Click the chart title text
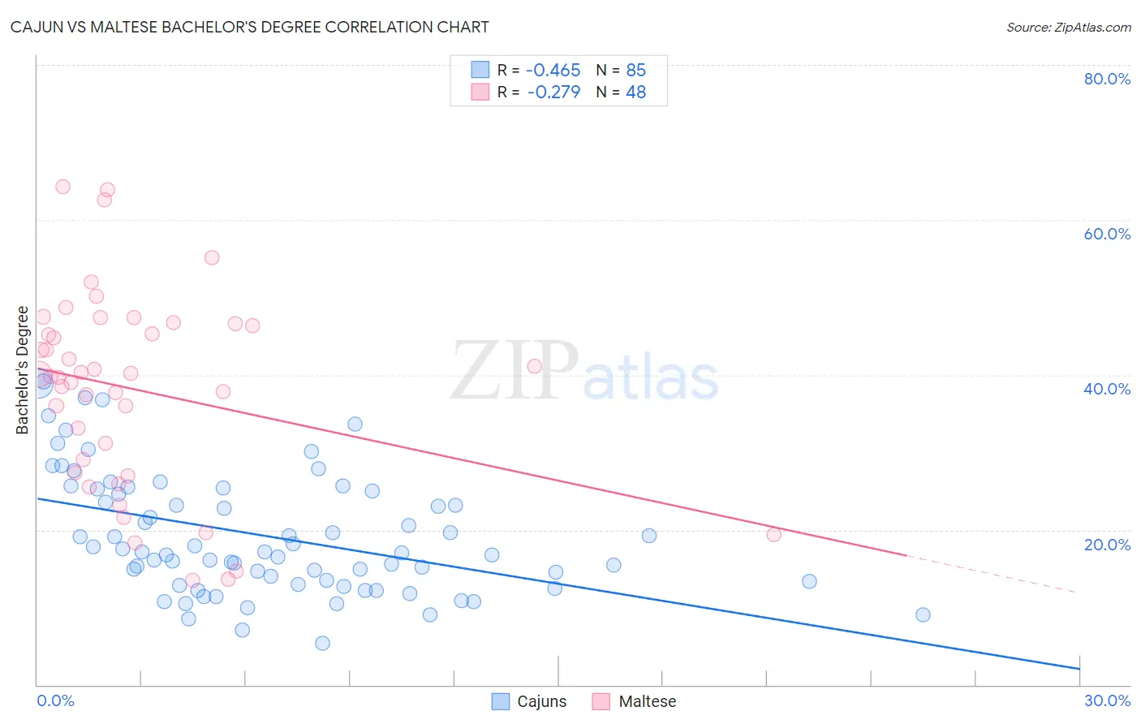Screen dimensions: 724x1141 point(250,27)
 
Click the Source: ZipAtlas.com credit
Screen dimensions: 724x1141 point(1068,27)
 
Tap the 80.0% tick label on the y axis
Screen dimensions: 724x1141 point(1107,79)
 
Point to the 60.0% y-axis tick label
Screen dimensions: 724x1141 point(1107,234)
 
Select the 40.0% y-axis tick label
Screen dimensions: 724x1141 point(1107,389)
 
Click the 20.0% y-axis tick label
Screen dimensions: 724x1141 point(1107,544)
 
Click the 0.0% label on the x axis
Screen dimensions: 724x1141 point(55,700)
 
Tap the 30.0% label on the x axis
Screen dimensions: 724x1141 point(1107,700)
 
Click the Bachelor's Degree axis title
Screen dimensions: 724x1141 point(23,370)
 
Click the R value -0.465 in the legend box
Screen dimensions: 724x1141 point(553,71)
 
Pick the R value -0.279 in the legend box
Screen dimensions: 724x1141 point(553,93)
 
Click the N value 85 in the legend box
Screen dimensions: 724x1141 point(636,71)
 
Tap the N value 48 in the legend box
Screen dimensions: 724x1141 point(636,93)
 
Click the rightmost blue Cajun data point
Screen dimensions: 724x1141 point(923,614)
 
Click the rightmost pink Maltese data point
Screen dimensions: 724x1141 point(773,534)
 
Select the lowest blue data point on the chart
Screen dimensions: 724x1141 point(322,643)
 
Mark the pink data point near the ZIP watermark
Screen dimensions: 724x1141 point(534,366)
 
